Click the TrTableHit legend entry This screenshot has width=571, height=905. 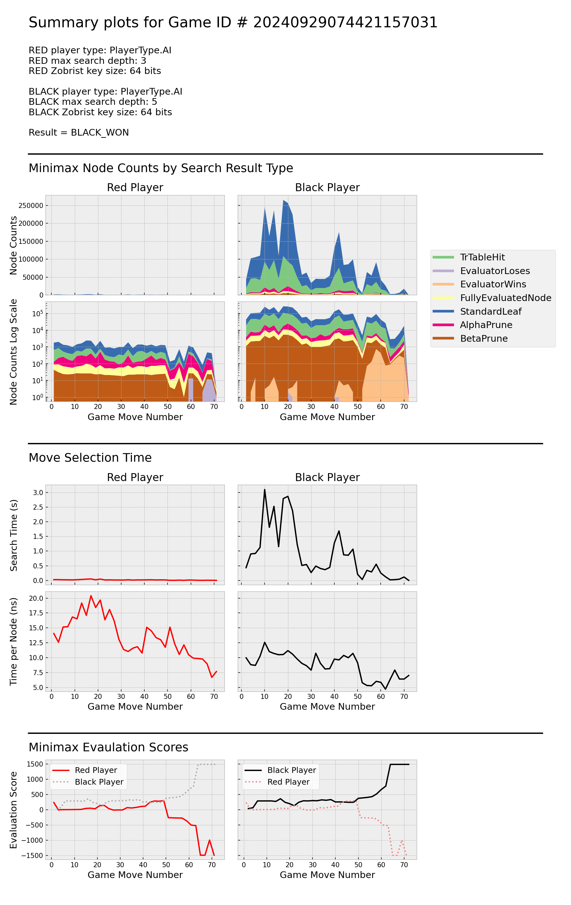pos(482,257)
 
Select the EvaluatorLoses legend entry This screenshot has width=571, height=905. pos(495,271)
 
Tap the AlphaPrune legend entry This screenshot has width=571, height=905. pos(486,325)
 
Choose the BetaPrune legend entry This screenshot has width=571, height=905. pos(483,338)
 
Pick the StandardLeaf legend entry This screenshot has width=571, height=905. pos(490,311)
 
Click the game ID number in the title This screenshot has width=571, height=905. pos(345,23)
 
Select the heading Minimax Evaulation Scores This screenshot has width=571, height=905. pos(108,747)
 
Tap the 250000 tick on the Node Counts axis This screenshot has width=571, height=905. pos(31,205)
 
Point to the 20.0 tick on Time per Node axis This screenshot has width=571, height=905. pos(36,598)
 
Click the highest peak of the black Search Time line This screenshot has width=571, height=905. pos(265,489)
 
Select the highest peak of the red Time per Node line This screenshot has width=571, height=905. pos(91,596)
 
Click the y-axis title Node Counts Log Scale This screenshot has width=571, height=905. pos(14,352)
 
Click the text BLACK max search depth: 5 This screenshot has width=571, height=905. pos(93,102)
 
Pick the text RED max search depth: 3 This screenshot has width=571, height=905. pos(88,61)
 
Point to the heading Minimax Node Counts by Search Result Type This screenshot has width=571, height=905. pos(161,168)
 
